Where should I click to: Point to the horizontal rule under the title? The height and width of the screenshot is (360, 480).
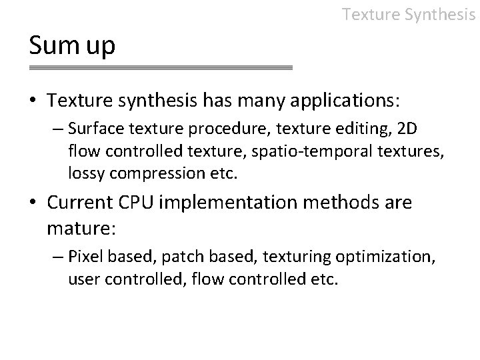[x=161, y=68]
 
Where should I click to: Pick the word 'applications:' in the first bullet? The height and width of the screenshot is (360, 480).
[x=345, y=101]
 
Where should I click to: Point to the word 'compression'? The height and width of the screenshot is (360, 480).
[x=147, y=174]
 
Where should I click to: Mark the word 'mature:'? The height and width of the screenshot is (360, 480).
[x=81, y=229]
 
